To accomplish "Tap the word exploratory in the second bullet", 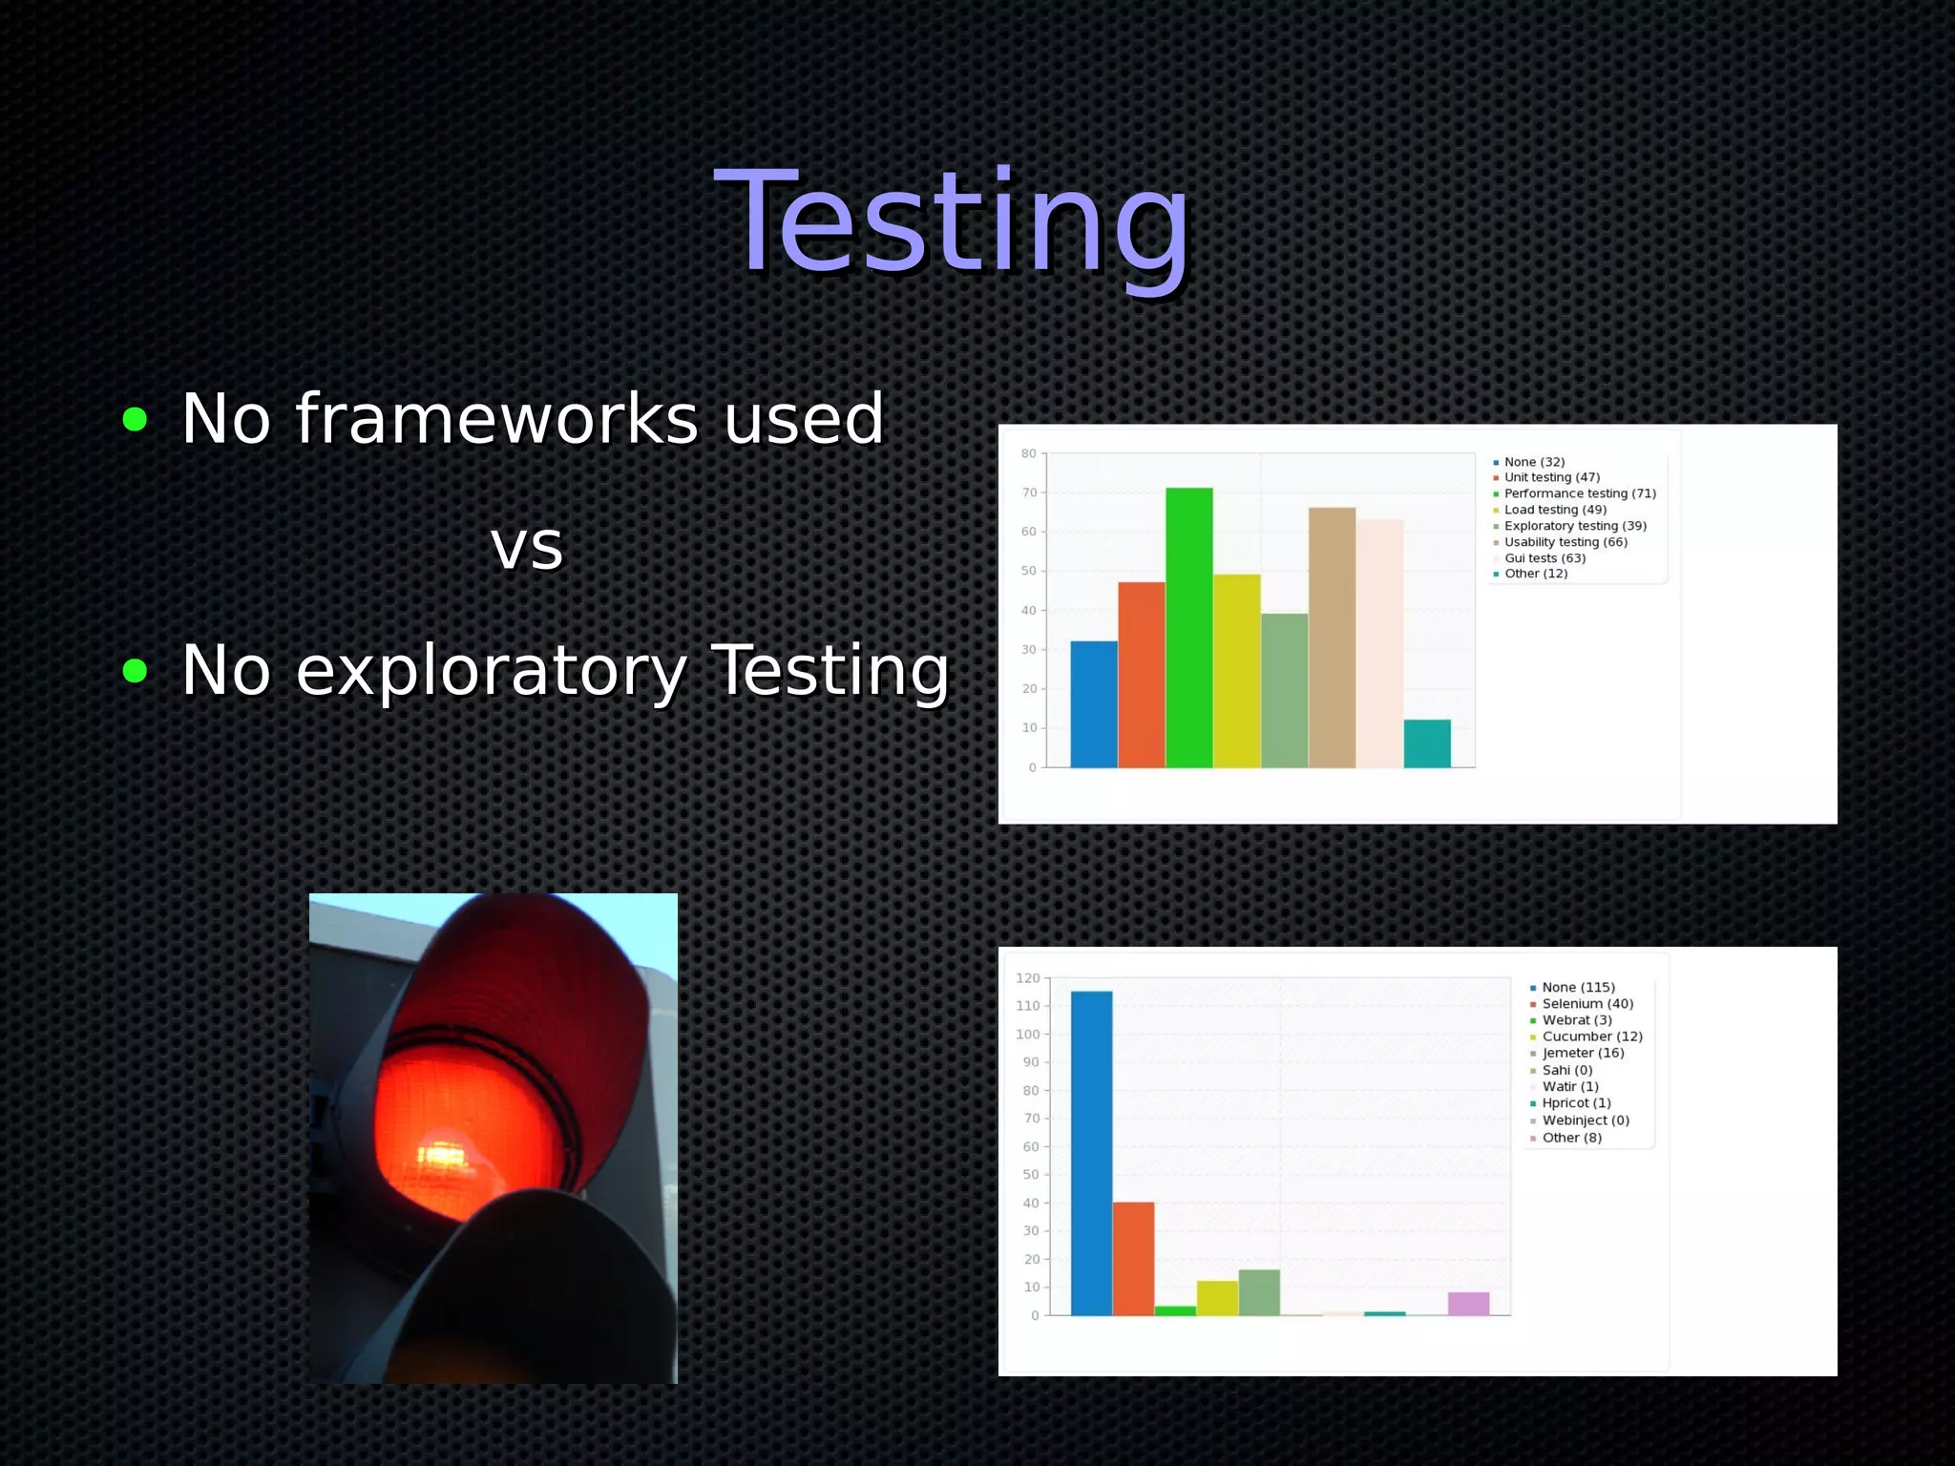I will point(491,671).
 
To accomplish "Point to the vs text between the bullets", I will point(527,547).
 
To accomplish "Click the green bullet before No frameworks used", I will point(135,419).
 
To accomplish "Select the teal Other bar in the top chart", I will point(1426,743).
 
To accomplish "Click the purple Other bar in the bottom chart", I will point(1468,1304).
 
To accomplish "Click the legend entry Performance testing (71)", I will point(1579,493).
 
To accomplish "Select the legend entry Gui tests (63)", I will point(1544,558).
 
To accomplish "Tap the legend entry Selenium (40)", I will point(1587,1004).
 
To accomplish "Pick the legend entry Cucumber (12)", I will point(1591,1037).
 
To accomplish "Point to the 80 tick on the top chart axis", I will point(1028,453).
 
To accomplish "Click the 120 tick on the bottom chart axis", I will point(1027,978).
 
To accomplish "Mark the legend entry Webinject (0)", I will point(1585,1120).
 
